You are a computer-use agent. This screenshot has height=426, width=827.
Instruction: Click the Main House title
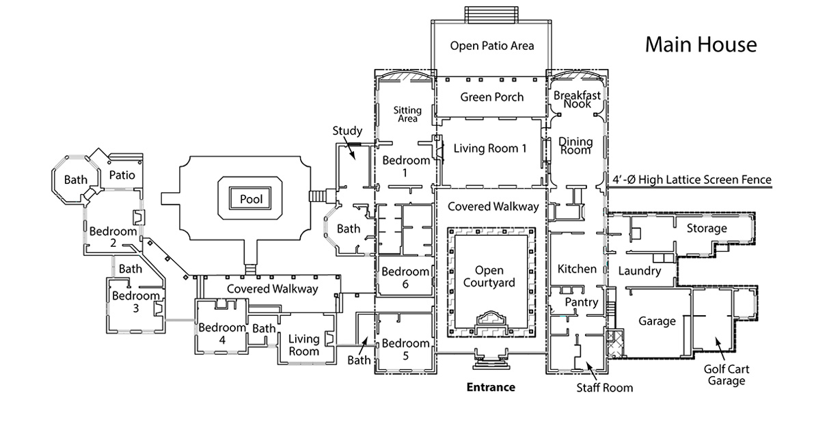click(701, 45)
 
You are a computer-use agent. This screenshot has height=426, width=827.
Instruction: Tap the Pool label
click(251, 200)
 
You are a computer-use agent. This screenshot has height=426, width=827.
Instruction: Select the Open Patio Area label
click(491, 46)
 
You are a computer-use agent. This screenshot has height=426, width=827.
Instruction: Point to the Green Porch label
click(491, 97)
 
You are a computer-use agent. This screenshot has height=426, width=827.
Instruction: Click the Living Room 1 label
click(490, 148)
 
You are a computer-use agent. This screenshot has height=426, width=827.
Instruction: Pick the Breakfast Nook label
click(577, 100)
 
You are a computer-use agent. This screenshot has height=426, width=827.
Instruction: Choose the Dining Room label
click(575, 146)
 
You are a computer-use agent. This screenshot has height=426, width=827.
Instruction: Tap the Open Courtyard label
click(489, 276)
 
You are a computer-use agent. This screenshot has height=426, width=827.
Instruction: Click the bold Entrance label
click(490, 387)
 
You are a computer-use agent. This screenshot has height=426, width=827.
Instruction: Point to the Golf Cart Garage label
click(727, 375)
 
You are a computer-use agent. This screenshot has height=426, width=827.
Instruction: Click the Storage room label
click(707, 228)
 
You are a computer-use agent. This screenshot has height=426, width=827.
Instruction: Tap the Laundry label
click(639, 271)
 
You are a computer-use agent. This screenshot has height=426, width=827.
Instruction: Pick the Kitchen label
click(577, 269)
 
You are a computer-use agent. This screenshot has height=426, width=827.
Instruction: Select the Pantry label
click(581, 302)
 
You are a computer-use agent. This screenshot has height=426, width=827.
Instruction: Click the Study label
click(347, 131)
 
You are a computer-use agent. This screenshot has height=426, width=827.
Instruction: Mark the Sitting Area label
click(408, 114)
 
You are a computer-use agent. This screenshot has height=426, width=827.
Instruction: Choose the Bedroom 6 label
click(405, 277)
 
